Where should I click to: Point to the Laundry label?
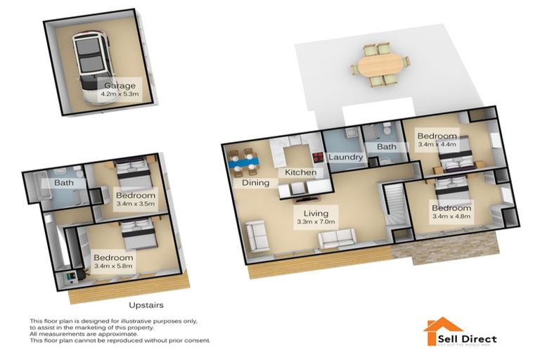[x=345, y=157]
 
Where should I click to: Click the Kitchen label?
[x=300, y=172]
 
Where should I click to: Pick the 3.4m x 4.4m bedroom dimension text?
[x=437, y=144]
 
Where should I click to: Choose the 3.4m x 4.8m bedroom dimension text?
[x=451, y=217]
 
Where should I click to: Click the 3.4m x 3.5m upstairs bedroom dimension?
[x=134, y=204]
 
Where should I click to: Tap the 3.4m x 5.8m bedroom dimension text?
[x=112, y=266]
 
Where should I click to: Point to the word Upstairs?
[x=147, y=305]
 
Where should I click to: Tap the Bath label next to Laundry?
[x=387, y=147]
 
